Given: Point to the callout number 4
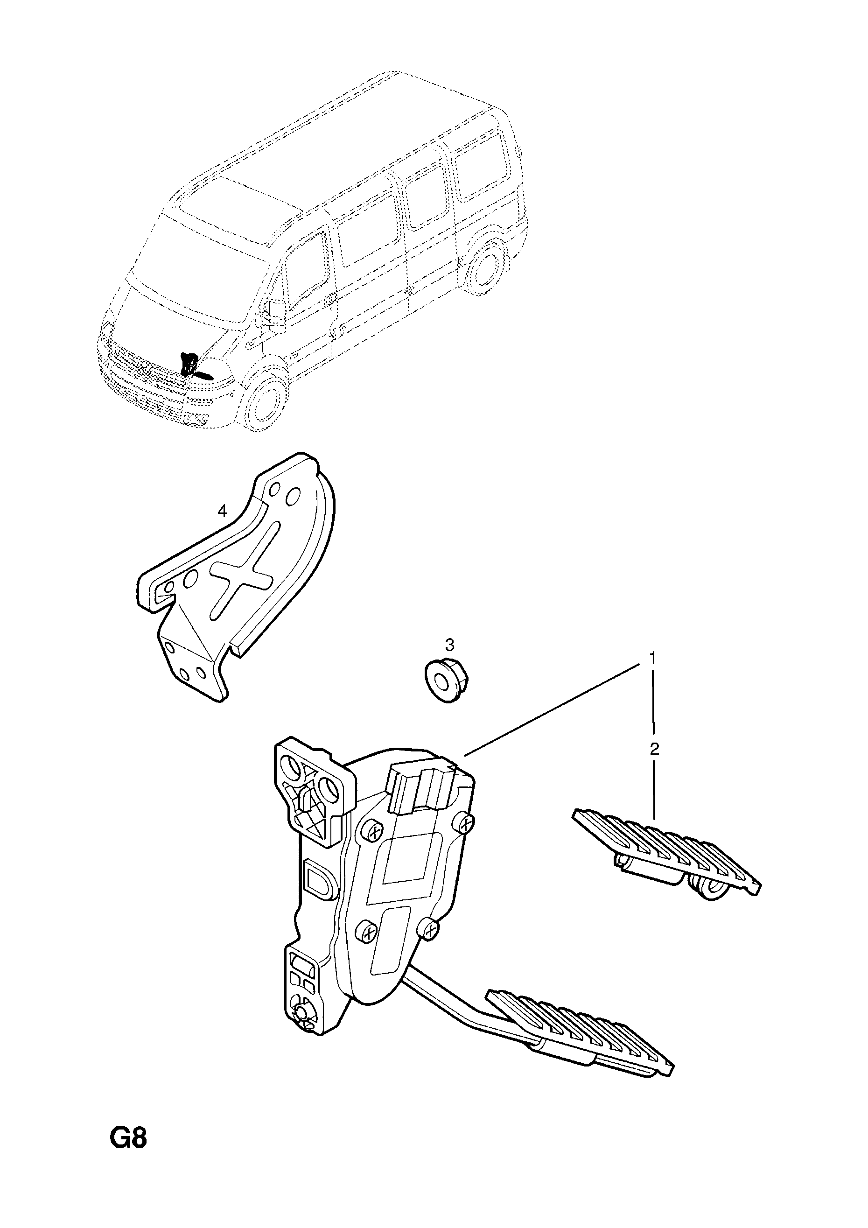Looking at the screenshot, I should tap(222, 511).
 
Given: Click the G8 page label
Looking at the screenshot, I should tap(128, 1152).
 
